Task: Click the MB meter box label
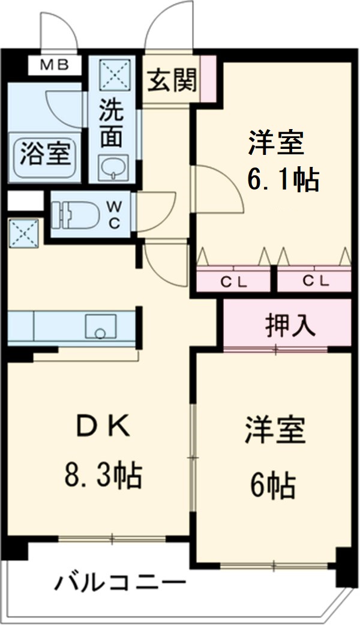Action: point(54,65)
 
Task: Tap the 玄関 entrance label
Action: point(173,80)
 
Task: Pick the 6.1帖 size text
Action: point(282,178)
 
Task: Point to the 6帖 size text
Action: point(273,485)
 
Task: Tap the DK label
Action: point(103,428)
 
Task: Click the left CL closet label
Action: point(235,280)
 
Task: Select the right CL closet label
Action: point(315,280)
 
